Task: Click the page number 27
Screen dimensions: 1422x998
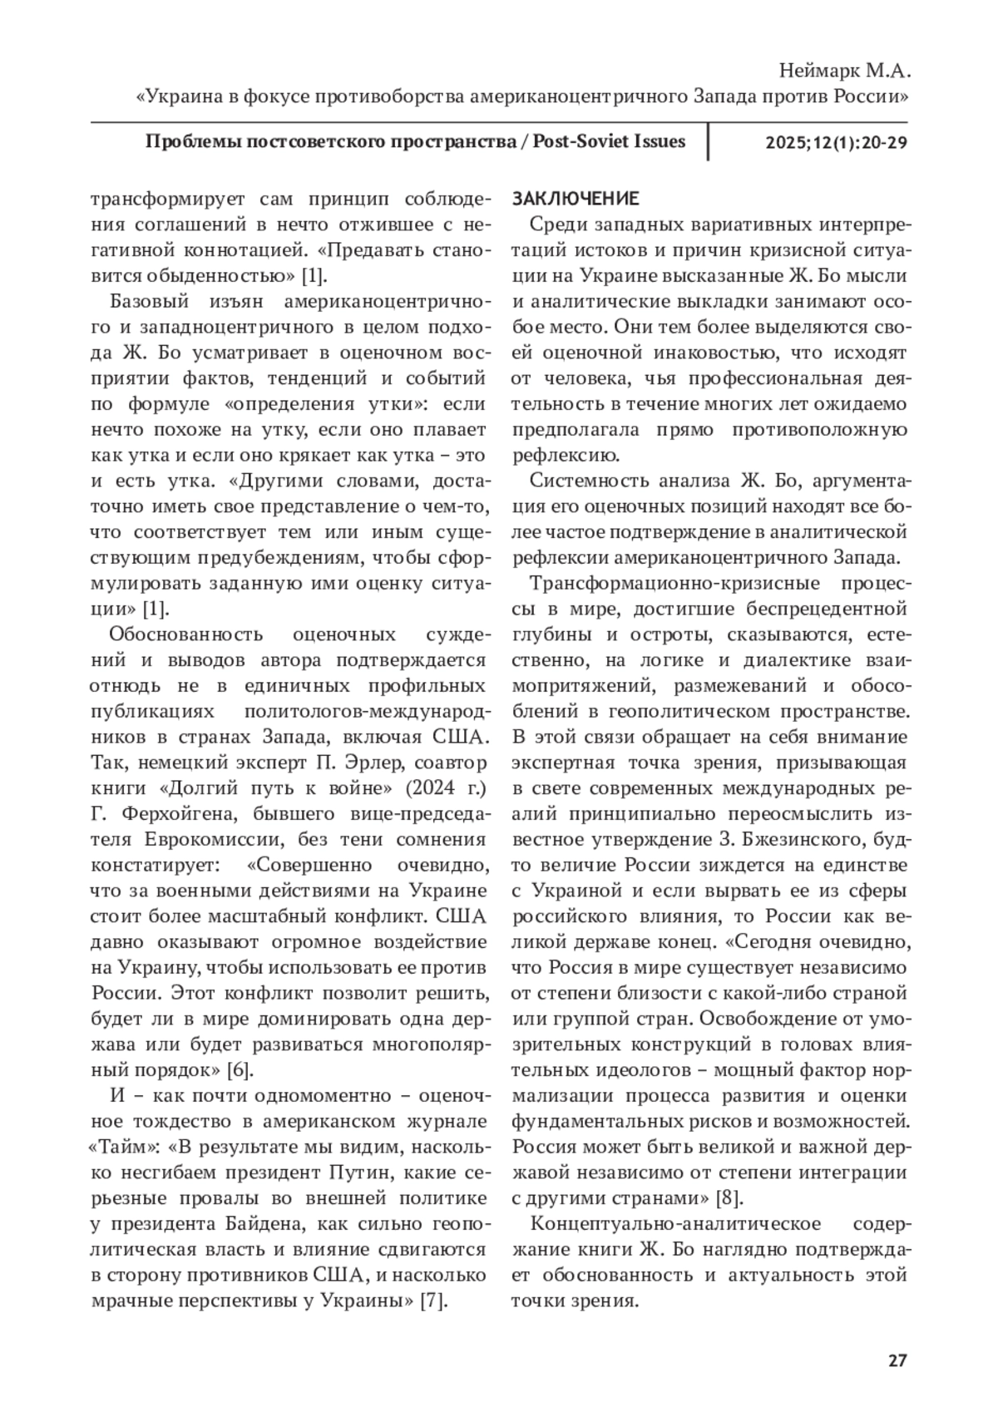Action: [x=897, y=1361]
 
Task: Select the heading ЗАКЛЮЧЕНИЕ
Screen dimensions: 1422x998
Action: [x=576, y=199]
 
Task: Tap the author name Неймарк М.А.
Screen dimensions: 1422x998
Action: [x=842, y=71]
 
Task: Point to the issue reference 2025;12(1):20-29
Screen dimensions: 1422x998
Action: [x=836, y=142]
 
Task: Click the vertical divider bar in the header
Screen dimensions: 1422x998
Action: [x=708, y=141]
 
